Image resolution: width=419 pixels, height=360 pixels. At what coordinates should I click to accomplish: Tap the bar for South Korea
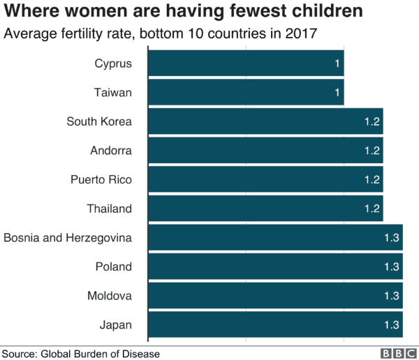[x=265, y=121]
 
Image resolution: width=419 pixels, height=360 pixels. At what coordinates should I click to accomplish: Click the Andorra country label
[x=111, y=150]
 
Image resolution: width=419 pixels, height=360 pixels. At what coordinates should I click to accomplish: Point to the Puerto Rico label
[x=101, y=179]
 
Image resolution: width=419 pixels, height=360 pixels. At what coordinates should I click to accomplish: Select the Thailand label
[x=109, y=209]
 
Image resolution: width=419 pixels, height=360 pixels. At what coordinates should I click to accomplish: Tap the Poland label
[x=113, y=267]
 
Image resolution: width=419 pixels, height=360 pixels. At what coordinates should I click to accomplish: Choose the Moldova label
[x=109, y=296]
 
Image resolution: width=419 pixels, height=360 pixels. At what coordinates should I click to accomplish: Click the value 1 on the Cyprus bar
[x=337, y=63]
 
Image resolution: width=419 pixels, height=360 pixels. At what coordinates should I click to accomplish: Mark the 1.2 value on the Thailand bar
[x=372, y=209]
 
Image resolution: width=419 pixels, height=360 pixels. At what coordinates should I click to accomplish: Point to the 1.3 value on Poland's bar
[x=391, y=267]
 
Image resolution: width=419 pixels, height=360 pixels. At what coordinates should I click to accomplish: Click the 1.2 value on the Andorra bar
[x=372, y=150]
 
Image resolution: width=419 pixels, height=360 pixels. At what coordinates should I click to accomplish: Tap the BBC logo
[x=396, y=353]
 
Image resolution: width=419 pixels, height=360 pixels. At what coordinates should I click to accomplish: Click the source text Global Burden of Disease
[x=101, y=353]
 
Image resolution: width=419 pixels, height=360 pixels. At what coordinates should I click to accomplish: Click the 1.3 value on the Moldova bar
[x=391, y=296]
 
